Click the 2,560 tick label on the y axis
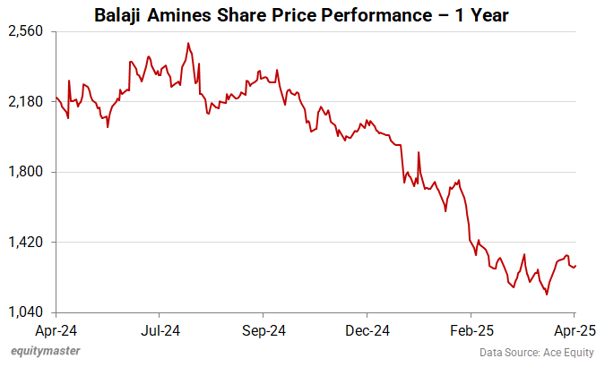pyautogui.click(x=27, y=31)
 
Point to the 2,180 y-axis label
pyautogui.click(x=27, y=102)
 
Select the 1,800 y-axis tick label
pyautogui.click(x=27, y=172)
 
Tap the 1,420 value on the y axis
pyautogui.click(x=27, y=243)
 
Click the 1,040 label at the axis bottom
pyautogui.click(x=27, y=312)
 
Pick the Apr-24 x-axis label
pyautogui.click(x=56, y=329)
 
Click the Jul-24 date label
pyautogui.click(x=159, y=329)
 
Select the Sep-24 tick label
pyautogui.click(x=264, y=329)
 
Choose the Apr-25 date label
pyautogui.click(x=575, y=329)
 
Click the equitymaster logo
pyautogui.click(x=45, y=351)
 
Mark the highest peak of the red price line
pyautogui.click(x=187, y=43)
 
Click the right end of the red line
pyautogui.click(x=575, y=265)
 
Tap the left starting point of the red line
pyautogui.click(x=56, y=98)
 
